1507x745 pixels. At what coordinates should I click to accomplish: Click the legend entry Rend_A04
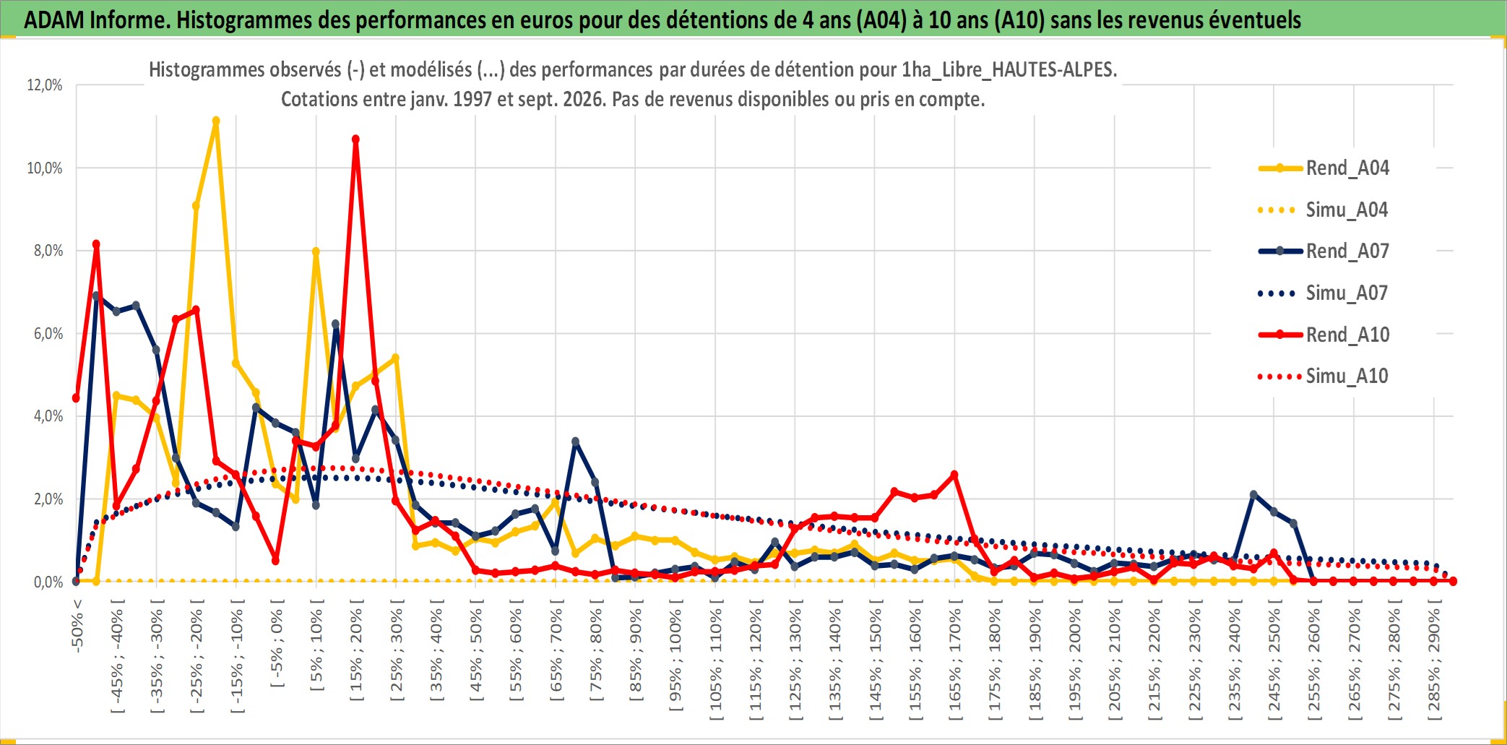[x=1324, y=168]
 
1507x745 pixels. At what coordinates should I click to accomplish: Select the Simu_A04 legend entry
[x=1324, y=210]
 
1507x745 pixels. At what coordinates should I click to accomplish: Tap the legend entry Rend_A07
[x=1324, y=251]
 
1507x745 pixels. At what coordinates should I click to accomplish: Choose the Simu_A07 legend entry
[x=1324, y=293]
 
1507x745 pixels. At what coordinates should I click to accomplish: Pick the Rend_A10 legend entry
[x=1324, y=335]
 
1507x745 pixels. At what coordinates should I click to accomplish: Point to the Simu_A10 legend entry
[x=1324, y=376]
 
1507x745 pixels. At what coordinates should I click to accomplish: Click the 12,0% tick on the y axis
[x=45, y=85]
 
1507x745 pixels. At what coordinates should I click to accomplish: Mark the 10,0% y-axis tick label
[x=45, y=168]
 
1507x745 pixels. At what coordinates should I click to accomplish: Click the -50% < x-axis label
[x=77, y=626]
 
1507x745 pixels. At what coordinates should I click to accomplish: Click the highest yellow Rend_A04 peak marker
[x=216, y=121]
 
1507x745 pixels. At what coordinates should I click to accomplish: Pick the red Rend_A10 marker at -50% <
[x=76, y=398]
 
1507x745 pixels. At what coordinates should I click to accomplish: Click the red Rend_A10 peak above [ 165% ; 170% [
[x=954, y=475]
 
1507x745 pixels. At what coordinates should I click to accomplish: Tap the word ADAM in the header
[x=54, y=20]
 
